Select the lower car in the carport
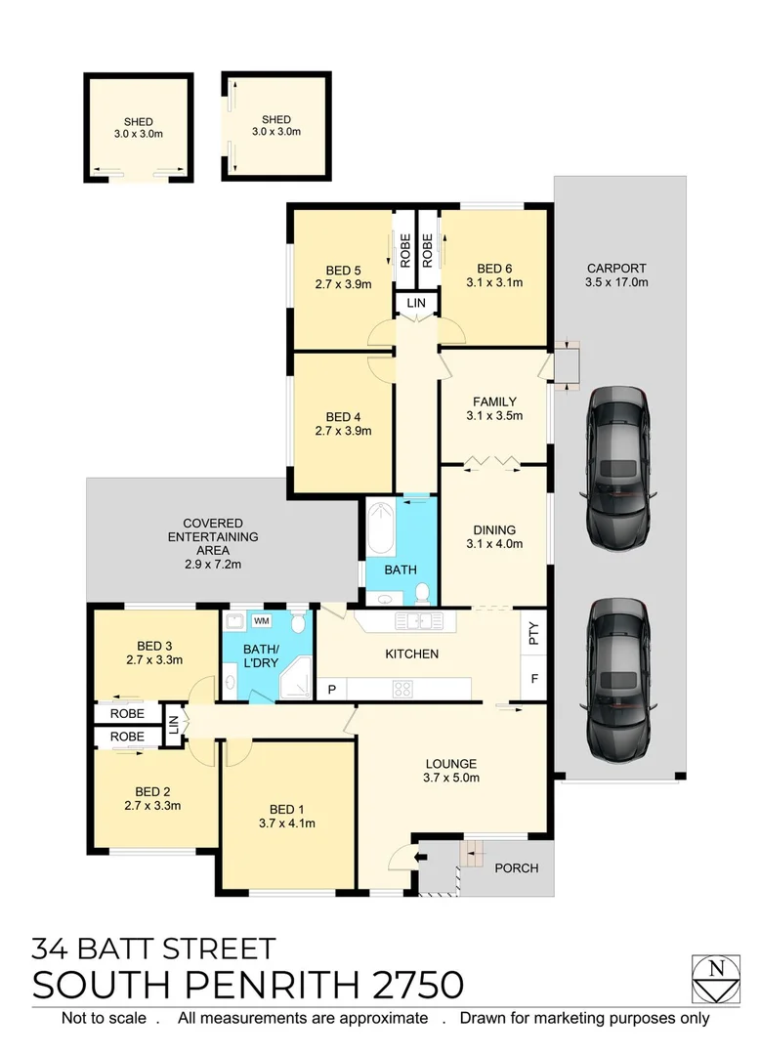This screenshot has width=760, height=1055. point(617,677)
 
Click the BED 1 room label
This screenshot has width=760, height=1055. point(288,808)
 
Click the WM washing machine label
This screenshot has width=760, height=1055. point(261,620)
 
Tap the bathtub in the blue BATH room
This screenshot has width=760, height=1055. point(379,538)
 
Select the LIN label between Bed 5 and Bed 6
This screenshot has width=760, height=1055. point(417,305)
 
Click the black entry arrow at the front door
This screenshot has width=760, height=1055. point(420,858)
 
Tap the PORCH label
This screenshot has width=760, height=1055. point(515,867)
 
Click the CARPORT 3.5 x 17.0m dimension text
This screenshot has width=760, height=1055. point(616,281)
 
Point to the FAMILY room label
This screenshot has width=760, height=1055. point(494,401)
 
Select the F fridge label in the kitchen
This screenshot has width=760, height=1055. point(533,677)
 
